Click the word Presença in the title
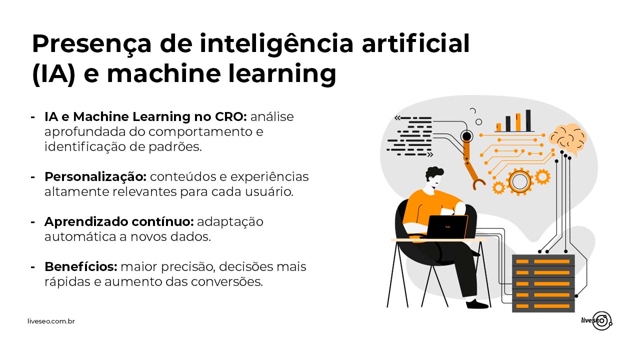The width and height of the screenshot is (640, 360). [x=91, y=44]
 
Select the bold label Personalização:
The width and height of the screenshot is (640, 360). [x=95, y=177]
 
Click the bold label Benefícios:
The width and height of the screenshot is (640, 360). [x=81, y=267]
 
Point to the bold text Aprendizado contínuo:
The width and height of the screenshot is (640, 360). [x=119, y=221]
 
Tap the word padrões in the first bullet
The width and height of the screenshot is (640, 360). [x=175, y=146]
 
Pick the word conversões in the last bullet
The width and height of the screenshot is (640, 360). [x=226, y=282]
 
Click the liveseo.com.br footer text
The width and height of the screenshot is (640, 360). [x=51, y=321]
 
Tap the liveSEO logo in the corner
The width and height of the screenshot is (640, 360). [x=596, y=321]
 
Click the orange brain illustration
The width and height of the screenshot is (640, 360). [x=567, y=139]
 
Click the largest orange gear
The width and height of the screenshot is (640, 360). [x=519, y=181]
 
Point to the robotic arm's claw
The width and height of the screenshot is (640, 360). [x=478, y=184]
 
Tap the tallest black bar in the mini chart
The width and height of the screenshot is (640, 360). [x=528, y=120]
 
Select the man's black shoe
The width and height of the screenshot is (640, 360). [x=477, y=304]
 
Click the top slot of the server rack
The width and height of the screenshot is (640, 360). [x=543, y=261]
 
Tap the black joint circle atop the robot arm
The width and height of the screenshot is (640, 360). [x=466, y=136]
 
